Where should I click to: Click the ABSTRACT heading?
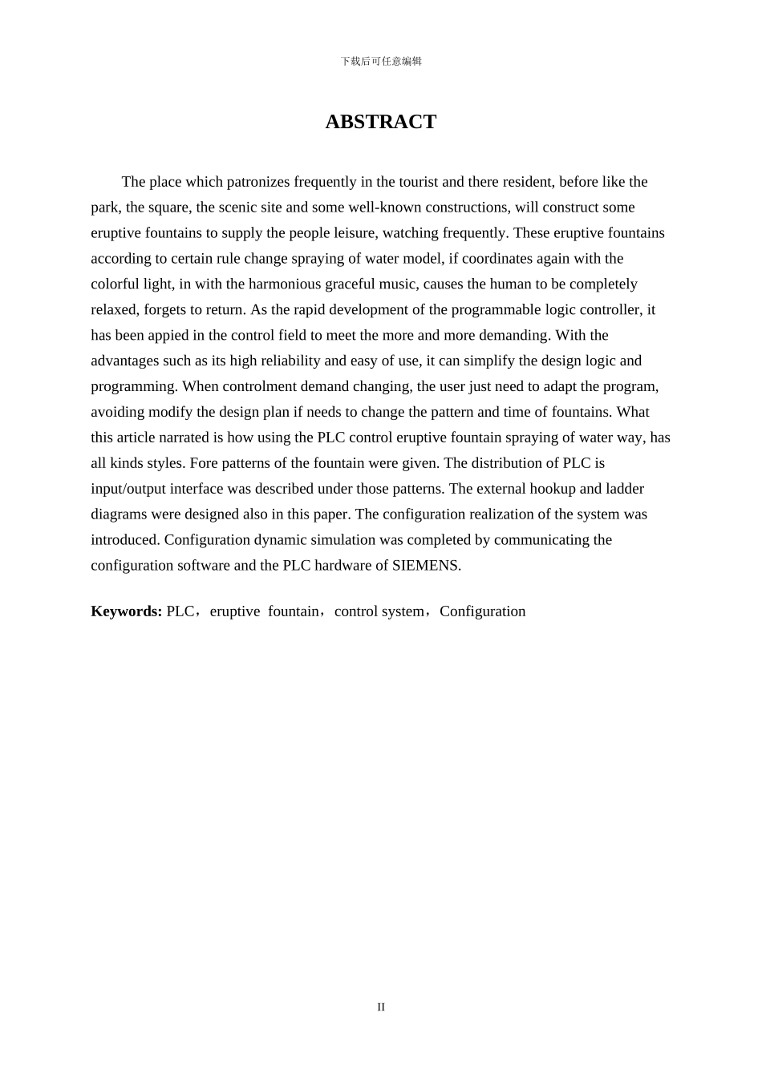click(380, 122)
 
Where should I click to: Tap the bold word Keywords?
click(126, 611)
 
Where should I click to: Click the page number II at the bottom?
click(381, 1007)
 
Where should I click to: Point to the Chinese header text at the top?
click(381, 62)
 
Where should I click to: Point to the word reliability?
click(289, 361)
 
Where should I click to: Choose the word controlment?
click(248, 387)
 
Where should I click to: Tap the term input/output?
click(129, 489)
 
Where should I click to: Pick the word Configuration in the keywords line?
click(483, 611)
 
